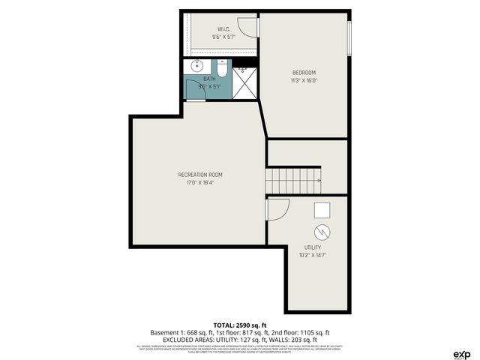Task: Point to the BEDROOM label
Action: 304,73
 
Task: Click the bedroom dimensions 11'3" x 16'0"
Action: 304,80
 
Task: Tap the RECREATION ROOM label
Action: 199,175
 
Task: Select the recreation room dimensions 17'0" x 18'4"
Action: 199,182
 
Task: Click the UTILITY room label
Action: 313,247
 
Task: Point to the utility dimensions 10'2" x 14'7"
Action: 313,255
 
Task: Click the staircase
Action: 293,180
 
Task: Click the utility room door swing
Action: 277,209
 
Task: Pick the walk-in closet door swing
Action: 254,25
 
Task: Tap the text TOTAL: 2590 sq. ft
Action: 239,325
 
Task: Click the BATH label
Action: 209,79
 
